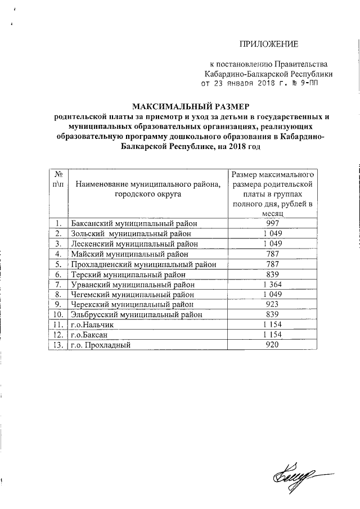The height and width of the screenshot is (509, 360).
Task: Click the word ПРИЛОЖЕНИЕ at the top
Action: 269,44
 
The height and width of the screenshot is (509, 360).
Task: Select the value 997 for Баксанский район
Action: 273,223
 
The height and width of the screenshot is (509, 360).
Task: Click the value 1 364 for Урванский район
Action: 273,284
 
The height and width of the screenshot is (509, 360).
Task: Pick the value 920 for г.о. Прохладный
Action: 273,345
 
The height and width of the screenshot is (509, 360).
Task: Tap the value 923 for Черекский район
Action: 273,304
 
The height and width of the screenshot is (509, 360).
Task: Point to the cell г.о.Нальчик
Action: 93,325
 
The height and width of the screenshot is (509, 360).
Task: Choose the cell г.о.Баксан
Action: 91,335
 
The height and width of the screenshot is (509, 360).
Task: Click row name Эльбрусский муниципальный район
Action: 136,314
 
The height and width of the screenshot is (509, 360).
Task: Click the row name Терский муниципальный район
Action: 129,274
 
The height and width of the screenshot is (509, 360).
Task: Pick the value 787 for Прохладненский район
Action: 273,264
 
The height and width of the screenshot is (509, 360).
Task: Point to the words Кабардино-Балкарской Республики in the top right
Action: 268,73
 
